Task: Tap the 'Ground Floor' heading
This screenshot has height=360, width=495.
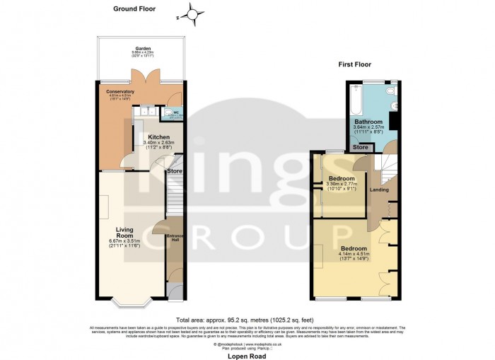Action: pyautogui.click(x=134, y=9)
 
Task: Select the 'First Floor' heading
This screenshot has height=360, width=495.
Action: pyautogui.click(x=356, y=64)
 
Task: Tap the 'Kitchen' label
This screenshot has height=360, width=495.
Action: pyautogui.click(x=160, y=137)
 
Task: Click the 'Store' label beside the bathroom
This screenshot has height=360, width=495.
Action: pyautogui.click(x=361, y=148)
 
